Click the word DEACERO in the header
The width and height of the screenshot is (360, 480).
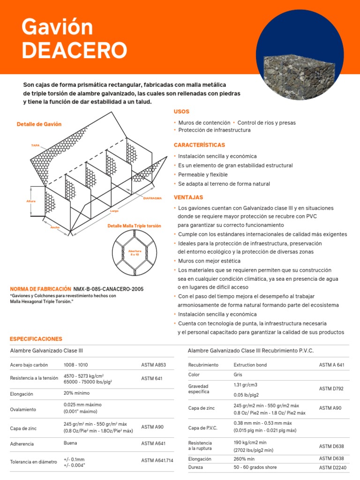[x=74, y=50]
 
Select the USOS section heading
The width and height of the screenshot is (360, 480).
[x=181, y=112]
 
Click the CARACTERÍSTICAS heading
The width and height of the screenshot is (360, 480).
[x=199, y=145]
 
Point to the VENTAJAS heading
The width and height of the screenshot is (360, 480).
[x=188, y=197]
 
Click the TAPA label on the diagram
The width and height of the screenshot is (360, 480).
[x=35, y=145]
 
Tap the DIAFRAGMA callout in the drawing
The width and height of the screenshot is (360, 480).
[x=152, y=198]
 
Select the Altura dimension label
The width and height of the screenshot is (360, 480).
[x=31, y=201]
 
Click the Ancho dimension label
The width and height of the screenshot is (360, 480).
[x=55, y=227]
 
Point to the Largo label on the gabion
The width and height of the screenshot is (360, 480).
[x=114, y=211]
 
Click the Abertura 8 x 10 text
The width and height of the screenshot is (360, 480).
[x=135, y=253]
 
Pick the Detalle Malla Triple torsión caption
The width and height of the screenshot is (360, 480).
[x=134, y=226]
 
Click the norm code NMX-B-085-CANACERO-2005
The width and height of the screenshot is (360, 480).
[x=109, y=289]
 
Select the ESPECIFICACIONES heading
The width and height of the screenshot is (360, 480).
[x=36, y=338]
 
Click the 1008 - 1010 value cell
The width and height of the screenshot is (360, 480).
[x=75, y=365]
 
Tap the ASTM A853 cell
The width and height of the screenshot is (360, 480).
[x=153, y=365]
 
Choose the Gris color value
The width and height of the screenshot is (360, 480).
[x=238, y=375]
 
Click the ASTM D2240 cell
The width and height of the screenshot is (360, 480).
[x=332, y=467]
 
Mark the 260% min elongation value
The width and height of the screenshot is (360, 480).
[x=244, y=459]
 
